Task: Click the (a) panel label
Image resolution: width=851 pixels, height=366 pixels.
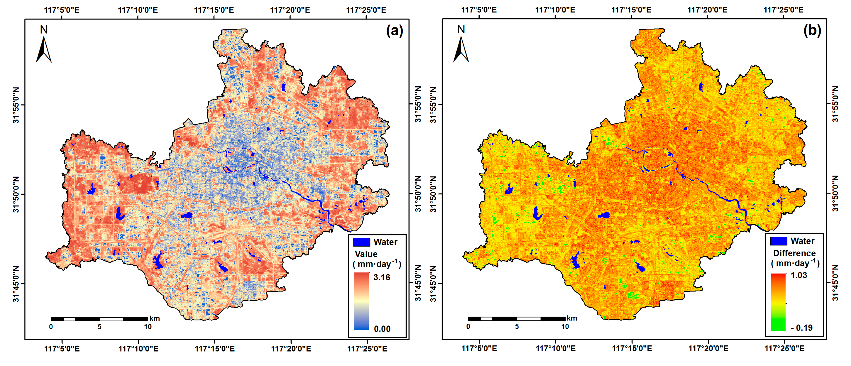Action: pos(394,31)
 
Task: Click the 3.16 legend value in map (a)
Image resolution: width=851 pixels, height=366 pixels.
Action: pos(382,277)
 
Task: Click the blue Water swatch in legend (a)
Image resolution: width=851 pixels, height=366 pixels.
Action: pos(361,242)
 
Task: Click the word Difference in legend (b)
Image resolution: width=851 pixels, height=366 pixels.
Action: pos(794,253)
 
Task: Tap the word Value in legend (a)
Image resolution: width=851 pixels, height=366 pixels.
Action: pos(366,254)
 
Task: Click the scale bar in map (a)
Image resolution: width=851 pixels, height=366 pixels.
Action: pos(99,319)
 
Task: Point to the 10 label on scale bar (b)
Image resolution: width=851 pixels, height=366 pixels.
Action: pos(565,327)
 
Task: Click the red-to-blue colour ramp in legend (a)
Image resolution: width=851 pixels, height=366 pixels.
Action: pos(361,301)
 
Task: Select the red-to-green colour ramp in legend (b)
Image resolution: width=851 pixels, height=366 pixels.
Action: pos(778,302)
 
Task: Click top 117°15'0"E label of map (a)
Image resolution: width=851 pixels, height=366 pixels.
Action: pos(214,10)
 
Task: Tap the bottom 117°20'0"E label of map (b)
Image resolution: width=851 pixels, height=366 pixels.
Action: pos(708,349)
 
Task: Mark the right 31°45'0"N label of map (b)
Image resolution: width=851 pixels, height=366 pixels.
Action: pos(835,283)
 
